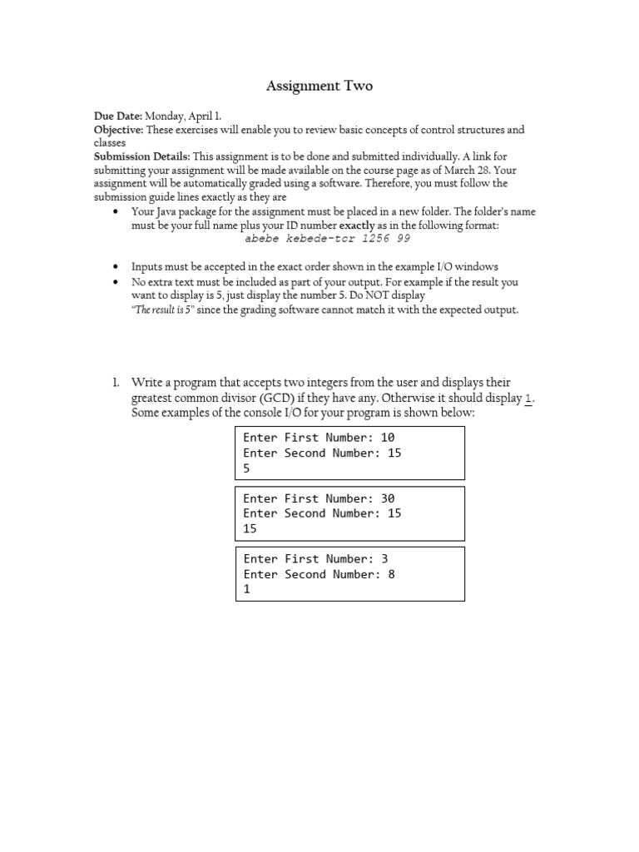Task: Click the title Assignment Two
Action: [319, 86]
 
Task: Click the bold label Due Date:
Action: [117, 116]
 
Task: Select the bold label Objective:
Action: [118, 130]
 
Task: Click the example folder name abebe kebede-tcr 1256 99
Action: [327, 238]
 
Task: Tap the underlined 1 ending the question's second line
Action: [528, 398]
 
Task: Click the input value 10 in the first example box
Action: [388, 438]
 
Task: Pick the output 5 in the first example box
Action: [246, 468]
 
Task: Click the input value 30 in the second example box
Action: [388, 498]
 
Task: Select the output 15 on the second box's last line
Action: [250, 529]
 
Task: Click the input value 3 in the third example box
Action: [384, 559]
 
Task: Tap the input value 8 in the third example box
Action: [391, 574]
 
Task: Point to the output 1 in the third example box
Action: [246, 589]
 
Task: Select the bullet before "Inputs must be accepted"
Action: [115, 267]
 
